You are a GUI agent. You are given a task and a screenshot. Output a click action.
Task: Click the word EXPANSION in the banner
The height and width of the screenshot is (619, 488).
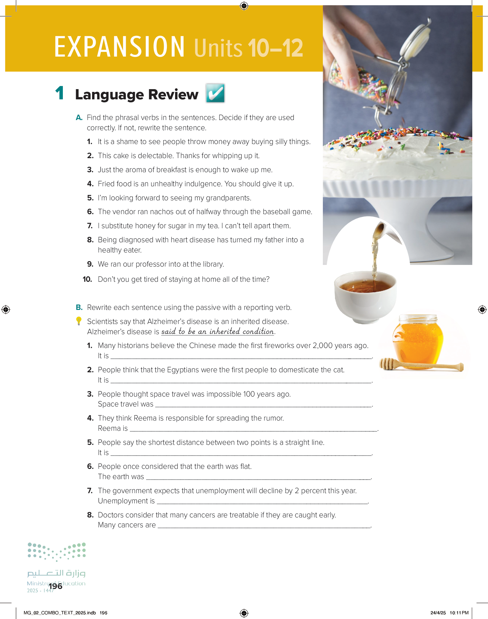click(119, 47)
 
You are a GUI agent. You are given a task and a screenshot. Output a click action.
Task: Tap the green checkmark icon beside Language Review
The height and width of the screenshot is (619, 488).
click(215, 93)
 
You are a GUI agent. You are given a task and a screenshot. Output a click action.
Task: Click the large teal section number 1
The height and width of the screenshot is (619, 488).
click(60, 93)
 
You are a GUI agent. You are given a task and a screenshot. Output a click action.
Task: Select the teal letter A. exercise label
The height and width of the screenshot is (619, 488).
click(79, 118)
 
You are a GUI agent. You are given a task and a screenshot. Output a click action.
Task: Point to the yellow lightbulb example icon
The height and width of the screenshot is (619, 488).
click(79, 321)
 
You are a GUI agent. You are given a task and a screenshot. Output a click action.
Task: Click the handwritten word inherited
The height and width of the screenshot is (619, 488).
click(225, 331)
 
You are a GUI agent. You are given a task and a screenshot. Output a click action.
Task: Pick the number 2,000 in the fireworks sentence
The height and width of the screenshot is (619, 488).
click(323, 346)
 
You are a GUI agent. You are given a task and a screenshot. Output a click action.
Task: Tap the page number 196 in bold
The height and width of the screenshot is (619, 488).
click(55, 586)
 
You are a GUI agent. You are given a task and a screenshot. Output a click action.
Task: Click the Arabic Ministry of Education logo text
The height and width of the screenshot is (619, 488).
click(56, 573)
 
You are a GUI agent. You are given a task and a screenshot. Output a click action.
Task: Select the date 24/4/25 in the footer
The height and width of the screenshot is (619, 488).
click(438, 613)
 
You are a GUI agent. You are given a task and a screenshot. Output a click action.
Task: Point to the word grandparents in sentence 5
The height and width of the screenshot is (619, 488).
click(228, 198)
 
